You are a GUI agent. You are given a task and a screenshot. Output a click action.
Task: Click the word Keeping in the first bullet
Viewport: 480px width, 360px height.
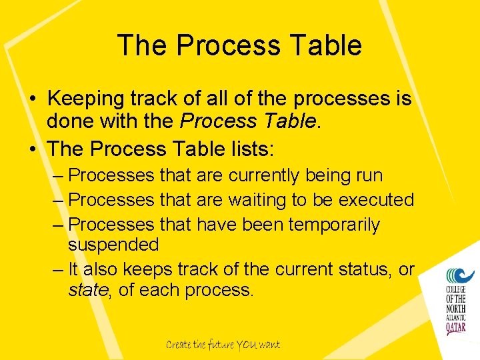click(x=87, y=99)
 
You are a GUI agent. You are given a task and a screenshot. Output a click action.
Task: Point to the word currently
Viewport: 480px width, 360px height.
click(x=264, y=176)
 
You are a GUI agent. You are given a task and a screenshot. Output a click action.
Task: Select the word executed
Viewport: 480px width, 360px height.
click(x=376, y=200)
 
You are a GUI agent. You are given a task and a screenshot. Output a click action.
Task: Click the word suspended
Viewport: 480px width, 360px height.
click(x=113, y=245)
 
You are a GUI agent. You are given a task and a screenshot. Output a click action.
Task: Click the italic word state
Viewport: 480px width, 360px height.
click(x=87, y=290)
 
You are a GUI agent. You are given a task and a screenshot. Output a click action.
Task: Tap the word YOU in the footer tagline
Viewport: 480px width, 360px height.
click(x=244, y=345)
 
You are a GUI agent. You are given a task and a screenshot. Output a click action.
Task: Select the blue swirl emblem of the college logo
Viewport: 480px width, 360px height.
click(x=460, y=274)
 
